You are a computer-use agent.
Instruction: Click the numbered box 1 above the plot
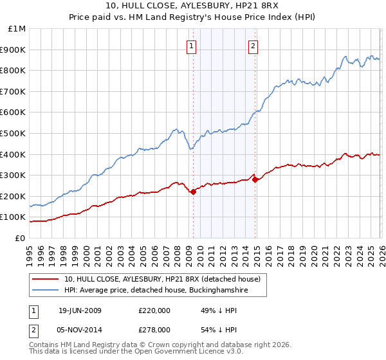tap(192, 46)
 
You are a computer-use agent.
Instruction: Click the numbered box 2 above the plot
tap(253, 46)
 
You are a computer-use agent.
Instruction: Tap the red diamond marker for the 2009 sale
tap(193, 191)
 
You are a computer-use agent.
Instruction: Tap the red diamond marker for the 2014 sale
tap(255, 179)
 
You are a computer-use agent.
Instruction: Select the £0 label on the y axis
tap(19, 238)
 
